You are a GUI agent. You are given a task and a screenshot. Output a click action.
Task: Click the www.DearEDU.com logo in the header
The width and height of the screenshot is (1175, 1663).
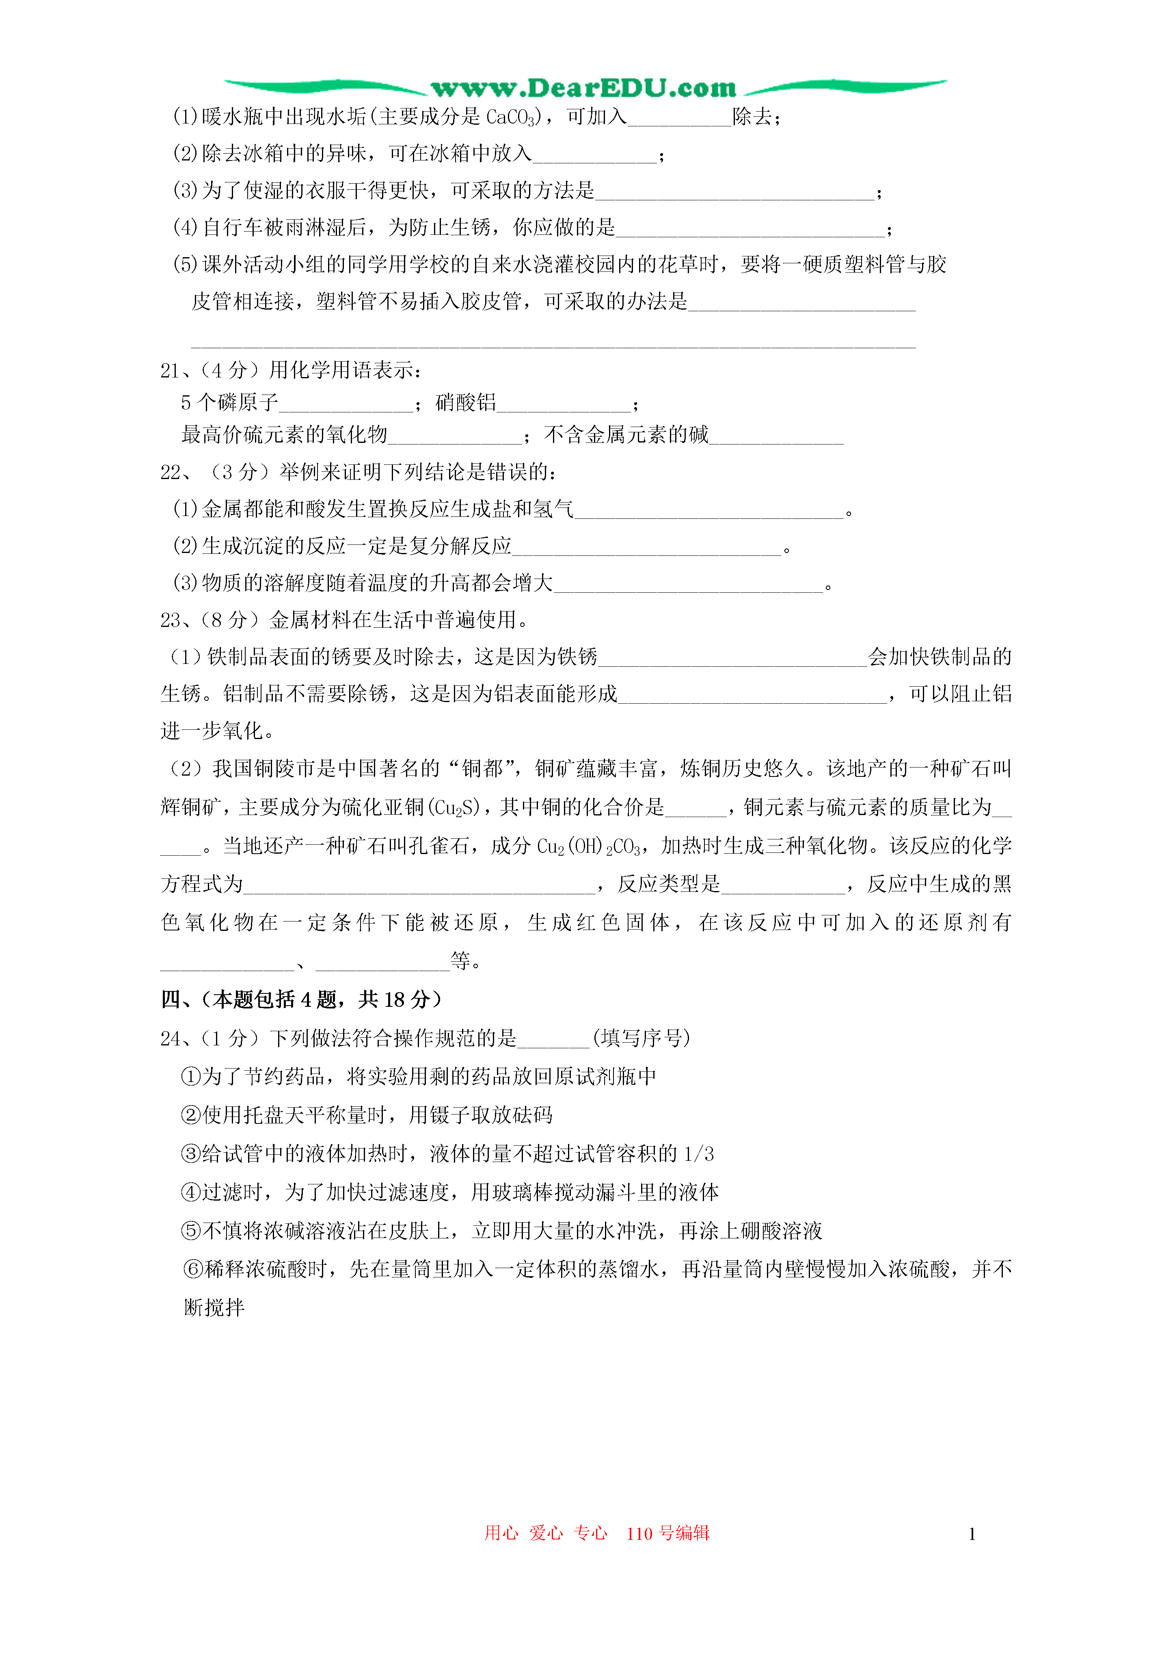tap(583, 88)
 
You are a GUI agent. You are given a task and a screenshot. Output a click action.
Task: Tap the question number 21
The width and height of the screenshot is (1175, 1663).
tap(170, 371)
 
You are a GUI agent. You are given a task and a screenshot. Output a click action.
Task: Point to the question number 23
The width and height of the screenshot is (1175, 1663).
tap(170, 620)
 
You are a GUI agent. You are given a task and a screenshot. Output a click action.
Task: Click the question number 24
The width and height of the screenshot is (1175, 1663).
tap(170, 1039)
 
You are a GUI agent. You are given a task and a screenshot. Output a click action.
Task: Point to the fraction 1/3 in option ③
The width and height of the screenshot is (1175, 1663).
tap(699, 1154)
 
